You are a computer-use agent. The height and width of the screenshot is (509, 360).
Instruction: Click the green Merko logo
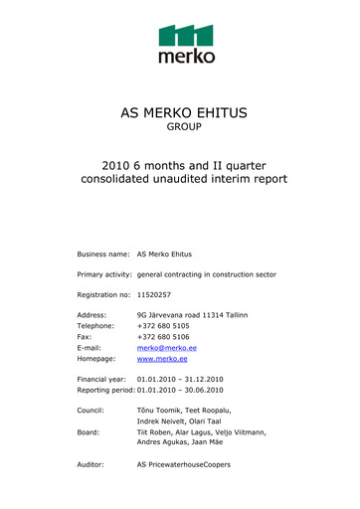pos(186,44)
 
